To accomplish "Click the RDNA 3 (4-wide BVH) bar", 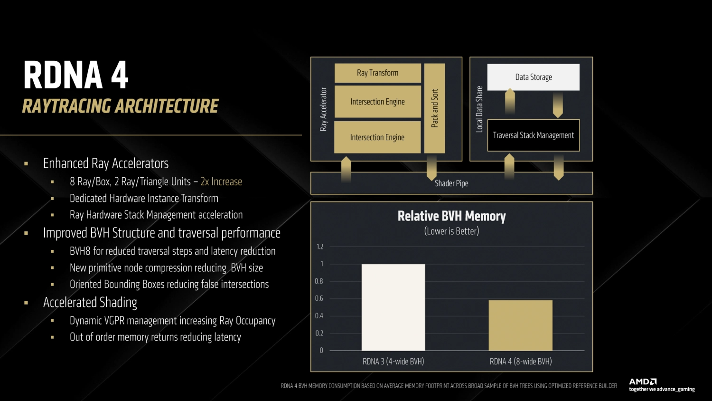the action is click(x=393, y=307).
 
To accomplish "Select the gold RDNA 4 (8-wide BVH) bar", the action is click(x=520, y=325).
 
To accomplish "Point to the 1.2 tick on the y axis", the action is click(x=320, y=247).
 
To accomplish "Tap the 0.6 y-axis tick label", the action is click(x=319, y=298).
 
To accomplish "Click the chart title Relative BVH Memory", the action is click(x=451, y=216).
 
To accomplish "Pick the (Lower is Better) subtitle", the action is click(x=451, y=231).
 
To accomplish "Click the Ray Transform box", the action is click(x=378, y=73).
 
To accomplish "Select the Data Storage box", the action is click(x=534, y=77).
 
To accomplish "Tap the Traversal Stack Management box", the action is click(x=534, y=135).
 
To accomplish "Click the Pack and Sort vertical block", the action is click(x=434, y=108).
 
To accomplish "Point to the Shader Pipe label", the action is click(x=451, y=183).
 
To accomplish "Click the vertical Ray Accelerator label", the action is click(x=323, y=109).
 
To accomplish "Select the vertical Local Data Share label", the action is click(x=479, y=109).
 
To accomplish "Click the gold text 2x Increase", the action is click(x=221, y=181).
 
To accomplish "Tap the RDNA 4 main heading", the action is click(x=75, y=75).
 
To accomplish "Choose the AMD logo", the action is click(x=643, y=382).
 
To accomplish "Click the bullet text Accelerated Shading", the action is click(x=90, y=302).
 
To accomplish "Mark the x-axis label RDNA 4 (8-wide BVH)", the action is click(x=521, y=362).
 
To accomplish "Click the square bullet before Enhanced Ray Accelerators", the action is click(x=26, y=164).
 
